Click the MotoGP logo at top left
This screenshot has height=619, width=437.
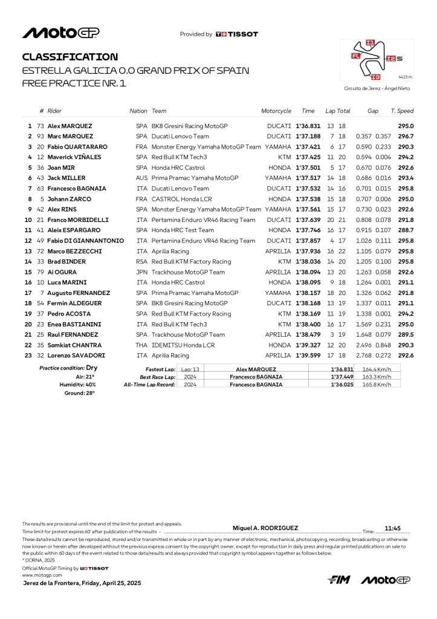(x=61, y=33)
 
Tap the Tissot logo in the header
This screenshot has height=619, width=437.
(x=236, y=34)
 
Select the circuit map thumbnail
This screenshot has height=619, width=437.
(x=377, y=60)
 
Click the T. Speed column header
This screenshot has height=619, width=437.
(x=402, y=111)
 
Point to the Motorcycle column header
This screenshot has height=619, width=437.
(x=276, y=111)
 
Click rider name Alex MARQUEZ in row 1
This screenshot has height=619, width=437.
(x=71, y=126)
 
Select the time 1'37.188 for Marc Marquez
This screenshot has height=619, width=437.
(x=308, y=137)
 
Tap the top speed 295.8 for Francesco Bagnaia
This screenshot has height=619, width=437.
(x=406, y=189)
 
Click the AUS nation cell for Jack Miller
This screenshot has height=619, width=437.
(x=142, y=178)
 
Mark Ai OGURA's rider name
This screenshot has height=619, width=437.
(x=63, y=272)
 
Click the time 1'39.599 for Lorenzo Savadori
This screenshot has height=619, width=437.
(x=308, y=355)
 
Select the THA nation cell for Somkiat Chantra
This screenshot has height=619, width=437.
(x=142, y=345)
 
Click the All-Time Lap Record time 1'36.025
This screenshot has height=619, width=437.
(x=342, y=384)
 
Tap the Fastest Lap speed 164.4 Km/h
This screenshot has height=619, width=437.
(x=377, y=369)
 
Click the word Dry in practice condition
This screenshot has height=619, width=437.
(x=92, y=368)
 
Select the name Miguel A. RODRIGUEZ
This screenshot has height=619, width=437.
(x=265, y=528)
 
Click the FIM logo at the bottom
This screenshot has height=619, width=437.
(x=339, y=580)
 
